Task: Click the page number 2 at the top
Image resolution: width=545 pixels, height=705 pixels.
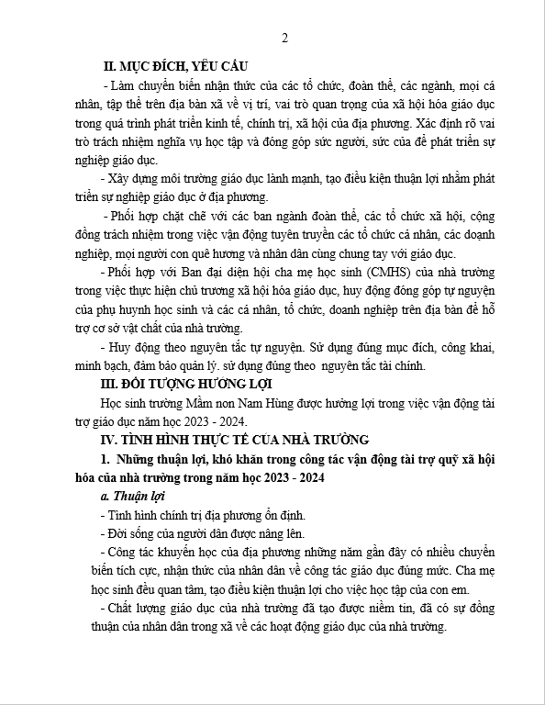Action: (x=284, y=38)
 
